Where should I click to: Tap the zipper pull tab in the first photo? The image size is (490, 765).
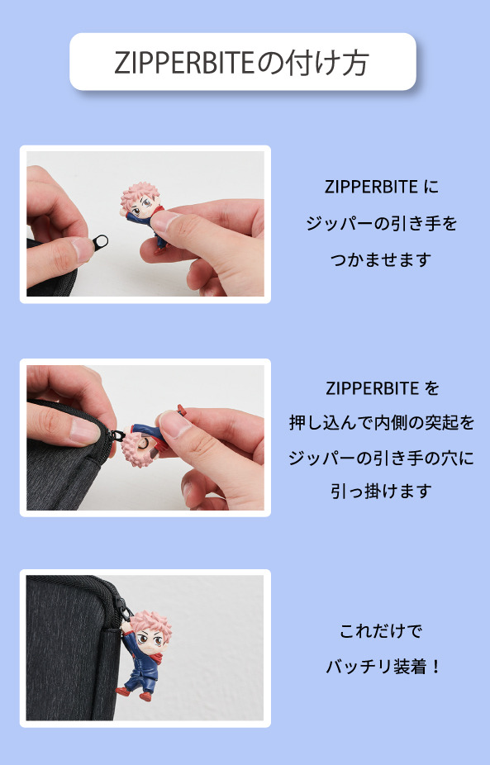(x=102, y=242)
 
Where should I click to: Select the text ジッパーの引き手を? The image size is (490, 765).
(x=381, y=223)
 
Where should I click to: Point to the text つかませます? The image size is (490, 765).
(x=381, y=259)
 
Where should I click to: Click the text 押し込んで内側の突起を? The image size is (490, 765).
(x=382, y=423)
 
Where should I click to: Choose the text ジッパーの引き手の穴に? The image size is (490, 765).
(x=381, y=457)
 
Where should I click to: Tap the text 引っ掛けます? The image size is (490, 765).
(x=381, y=491)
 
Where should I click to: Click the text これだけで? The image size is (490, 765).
(x=381, y=632)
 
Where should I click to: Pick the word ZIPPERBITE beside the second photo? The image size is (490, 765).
(x=371, y=388)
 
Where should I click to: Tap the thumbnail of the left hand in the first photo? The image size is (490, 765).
(x=83, y=248)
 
